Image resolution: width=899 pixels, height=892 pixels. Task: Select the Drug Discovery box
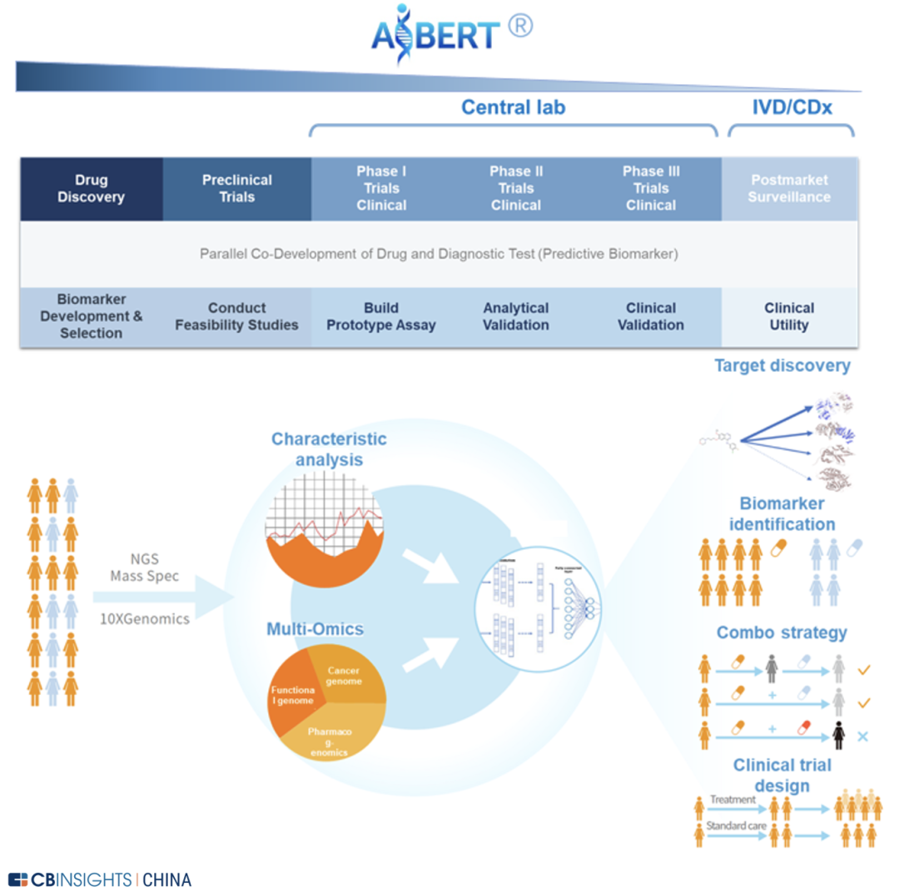(92, 189)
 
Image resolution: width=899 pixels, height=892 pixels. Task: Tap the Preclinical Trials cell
(237, 188)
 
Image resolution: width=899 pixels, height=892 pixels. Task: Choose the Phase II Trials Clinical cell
(516, 188)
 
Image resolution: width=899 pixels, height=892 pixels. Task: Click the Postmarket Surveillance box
(790, 189)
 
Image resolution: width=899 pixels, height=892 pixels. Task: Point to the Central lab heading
(514, 107)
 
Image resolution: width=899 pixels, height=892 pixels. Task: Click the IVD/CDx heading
(792, 107)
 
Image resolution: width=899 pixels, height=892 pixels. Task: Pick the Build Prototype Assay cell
(380, 317)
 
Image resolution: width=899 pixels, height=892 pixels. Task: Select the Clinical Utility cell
(789, 317)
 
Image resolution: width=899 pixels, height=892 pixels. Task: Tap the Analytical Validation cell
(516, 317)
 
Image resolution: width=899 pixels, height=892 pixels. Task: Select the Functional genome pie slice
(289, 695)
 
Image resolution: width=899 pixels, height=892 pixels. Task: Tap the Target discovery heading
(782, 365)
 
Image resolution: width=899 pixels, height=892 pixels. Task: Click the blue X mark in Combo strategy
(863, 736)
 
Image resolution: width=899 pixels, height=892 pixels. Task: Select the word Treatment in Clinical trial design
(732, 800)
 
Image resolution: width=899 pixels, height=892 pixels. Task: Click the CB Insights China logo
(100, 879)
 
